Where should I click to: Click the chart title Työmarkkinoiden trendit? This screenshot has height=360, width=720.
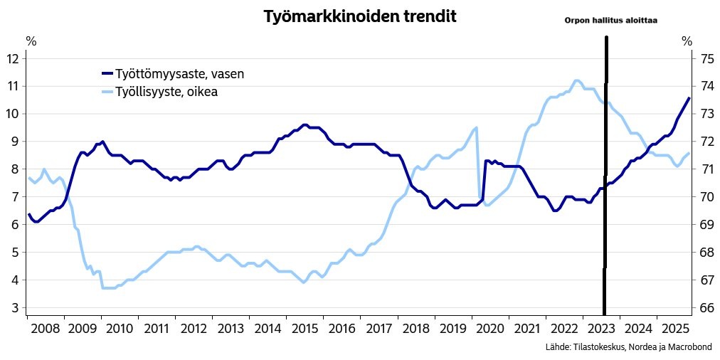(359, 17)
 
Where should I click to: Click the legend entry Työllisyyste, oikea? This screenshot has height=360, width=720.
(166, 92)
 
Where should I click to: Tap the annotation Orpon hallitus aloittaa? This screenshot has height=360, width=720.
(610, 21)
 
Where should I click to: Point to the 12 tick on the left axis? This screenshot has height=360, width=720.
(12, 58)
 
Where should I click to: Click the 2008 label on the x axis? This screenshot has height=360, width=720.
(45, 329)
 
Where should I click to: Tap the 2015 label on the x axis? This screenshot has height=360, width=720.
(305, 329)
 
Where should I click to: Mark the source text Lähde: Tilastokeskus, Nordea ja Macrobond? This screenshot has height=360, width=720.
(628, 347)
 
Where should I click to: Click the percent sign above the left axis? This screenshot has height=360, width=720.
(31, 41)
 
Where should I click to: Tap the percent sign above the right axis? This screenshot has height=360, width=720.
(687, 41)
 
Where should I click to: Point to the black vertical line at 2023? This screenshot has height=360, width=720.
(605, 178)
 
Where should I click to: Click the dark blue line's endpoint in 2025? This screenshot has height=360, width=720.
(688, 98)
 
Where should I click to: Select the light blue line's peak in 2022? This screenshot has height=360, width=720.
(577, 80)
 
